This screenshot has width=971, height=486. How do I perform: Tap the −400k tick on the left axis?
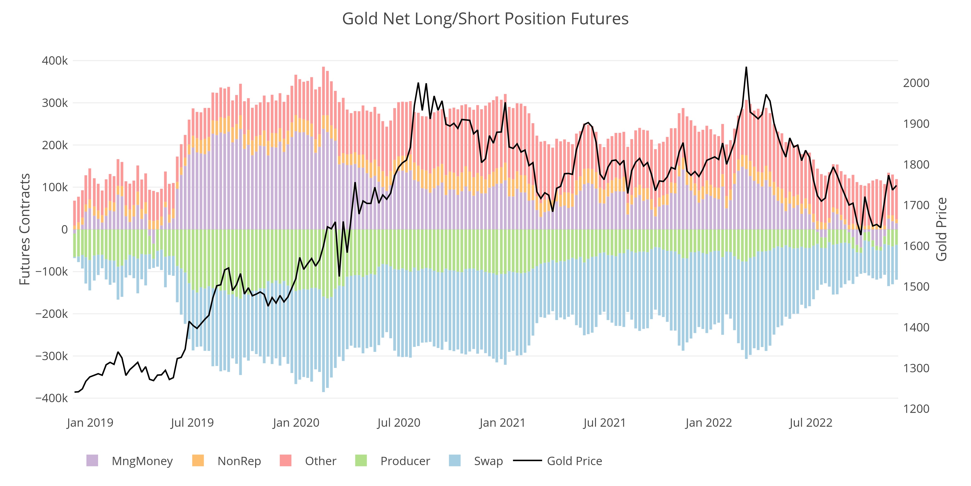tap(52, 398)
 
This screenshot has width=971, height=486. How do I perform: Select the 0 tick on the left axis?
tap(65, 229)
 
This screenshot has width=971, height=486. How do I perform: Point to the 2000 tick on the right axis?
tap(916, 83)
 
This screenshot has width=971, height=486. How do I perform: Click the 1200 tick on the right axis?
tap(916, 409)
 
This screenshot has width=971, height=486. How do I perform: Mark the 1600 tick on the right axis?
tap(916, 246)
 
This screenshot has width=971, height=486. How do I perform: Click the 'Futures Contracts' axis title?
tap(25, 229)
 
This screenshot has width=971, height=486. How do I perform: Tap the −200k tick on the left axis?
tap(52, 313)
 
